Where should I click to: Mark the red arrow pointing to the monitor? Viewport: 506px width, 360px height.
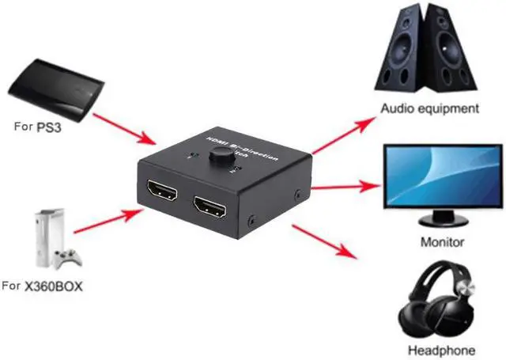(x=345, y=187)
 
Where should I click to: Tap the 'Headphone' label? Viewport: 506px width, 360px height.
(x=441, y=350)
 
